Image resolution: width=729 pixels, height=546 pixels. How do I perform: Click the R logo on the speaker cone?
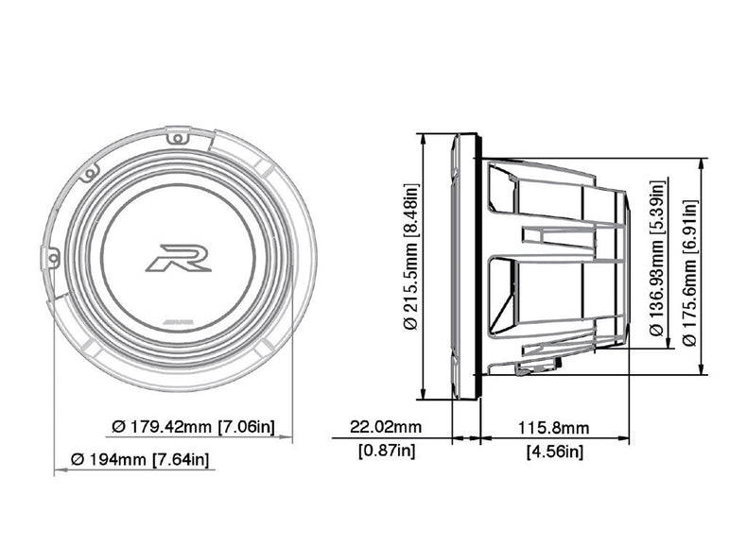point(178,257)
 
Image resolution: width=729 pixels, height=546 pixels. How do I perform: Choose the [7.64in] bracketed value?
point(182,460)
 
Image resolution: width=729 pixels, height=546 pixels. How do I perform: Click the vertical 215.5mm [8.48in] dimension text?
point(410,257)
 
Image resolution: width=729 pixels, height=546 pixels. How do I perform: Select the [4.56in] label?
point(554,452)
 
